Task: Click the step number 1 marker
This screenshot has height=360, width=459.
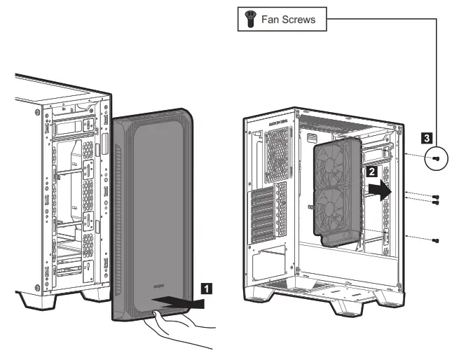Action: coord(205,286)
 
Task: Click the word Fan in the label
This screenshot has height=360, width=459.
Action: coord(270,20)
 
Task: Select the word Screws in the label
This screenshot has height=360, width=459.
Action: coord(299,20)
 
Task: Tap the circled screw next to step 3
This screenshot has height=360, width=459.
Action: coord(435,159)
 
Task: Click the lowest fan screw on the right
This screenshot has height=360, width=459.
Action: coord(437,241)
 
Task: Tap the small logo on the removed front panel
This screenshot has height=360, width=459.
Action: coord(159,285)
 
